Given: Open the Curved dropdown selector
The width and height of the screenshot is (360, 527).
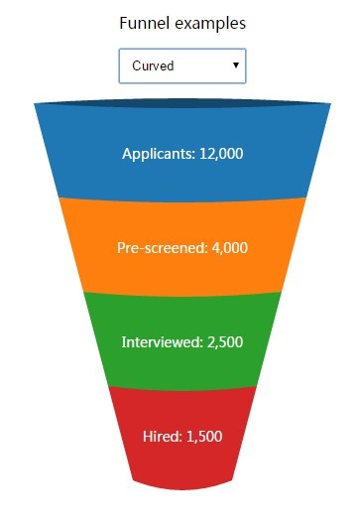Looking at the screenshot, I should [181, 66].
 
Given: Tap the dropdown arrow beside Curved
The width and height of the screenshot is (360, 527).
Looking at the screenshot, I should [235, 66].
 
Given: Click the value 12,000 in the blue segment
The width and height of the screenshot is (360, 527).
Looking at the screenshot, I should [221, 154].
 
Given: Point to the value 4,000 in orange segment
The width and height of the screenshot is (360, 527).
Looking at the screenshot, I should [229, 248].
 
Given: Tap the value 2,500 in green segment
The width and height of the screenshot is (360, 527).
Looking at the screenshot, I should [224, 342].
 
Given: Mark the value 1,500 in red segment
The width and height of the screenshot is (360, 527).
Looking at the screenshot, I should [203, 437].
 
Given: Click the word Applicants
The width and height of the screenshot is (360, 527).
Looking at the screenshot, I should [158, 154].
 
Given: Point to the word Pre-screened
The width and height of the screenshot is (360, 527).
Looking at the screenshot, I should [162, 248].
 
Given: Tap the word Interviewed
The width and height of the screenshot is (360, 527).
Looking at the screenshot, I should [162, 342].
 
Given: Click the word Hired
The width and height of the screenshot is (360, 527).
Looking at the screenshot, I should [162, 437].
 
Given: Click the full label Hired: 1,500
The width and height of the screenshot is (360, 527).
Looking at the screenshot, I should [182, 437].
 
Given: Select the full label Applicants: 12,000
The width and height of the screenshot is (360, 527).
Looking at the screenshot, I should [182, 154].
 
